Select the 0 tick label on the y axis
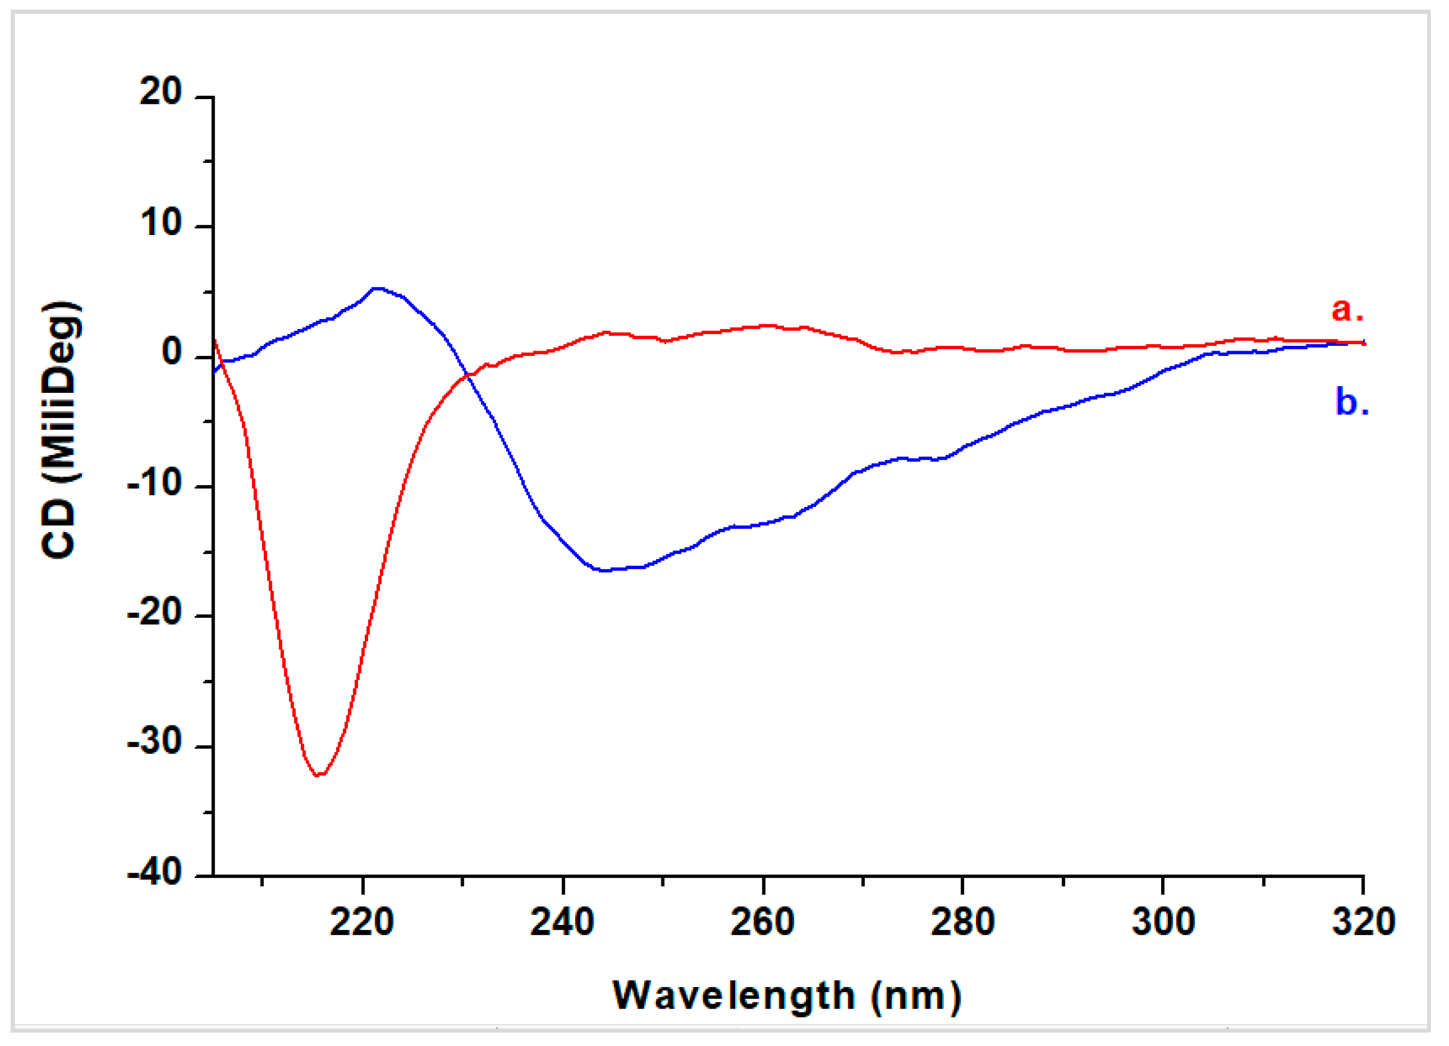[x=172, y=353]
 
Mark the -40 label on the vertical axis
[x=155, y=873]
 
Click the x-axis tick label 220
[x=362, y=922]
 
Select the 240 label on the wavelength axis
[x=562, y=922]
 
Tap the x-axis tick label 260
[x=762, y=922]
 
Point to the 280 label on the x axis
[x=962, y=922]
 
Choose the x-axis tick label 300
[x=1163, y=922]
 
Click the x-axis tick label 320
[x=1363, y=922]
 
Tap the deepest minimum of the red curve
[x=319, y=775]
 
